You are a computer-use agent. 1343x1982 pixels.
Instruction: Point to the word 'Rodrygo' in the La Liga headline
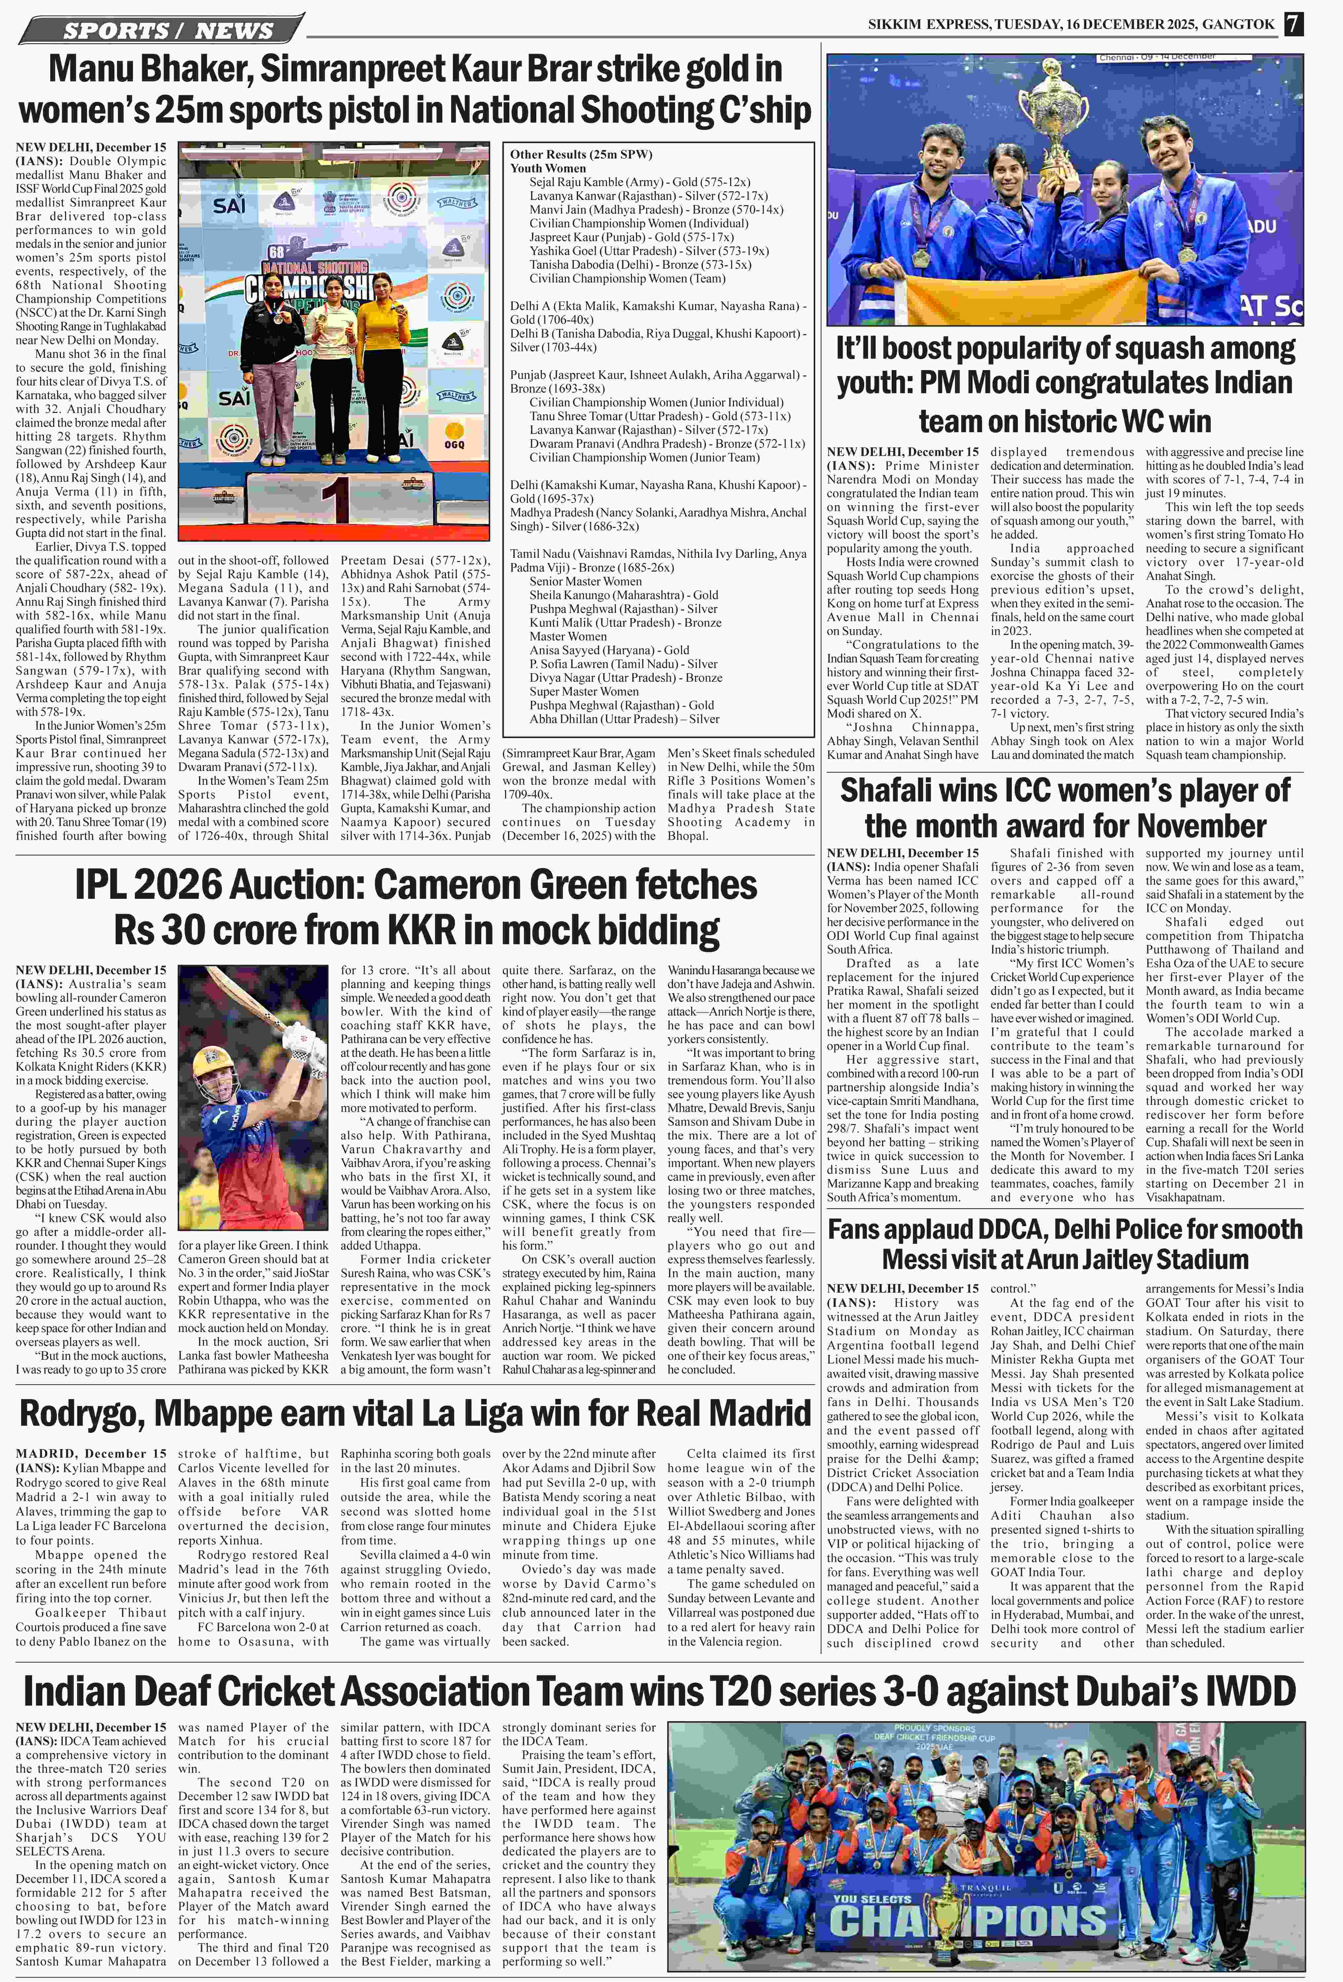pyautogui.click(x=81, y=1413)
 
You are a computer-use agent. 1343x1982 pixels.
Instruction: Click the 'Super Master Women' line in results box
pyautogui.click(x=584, y=692)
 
